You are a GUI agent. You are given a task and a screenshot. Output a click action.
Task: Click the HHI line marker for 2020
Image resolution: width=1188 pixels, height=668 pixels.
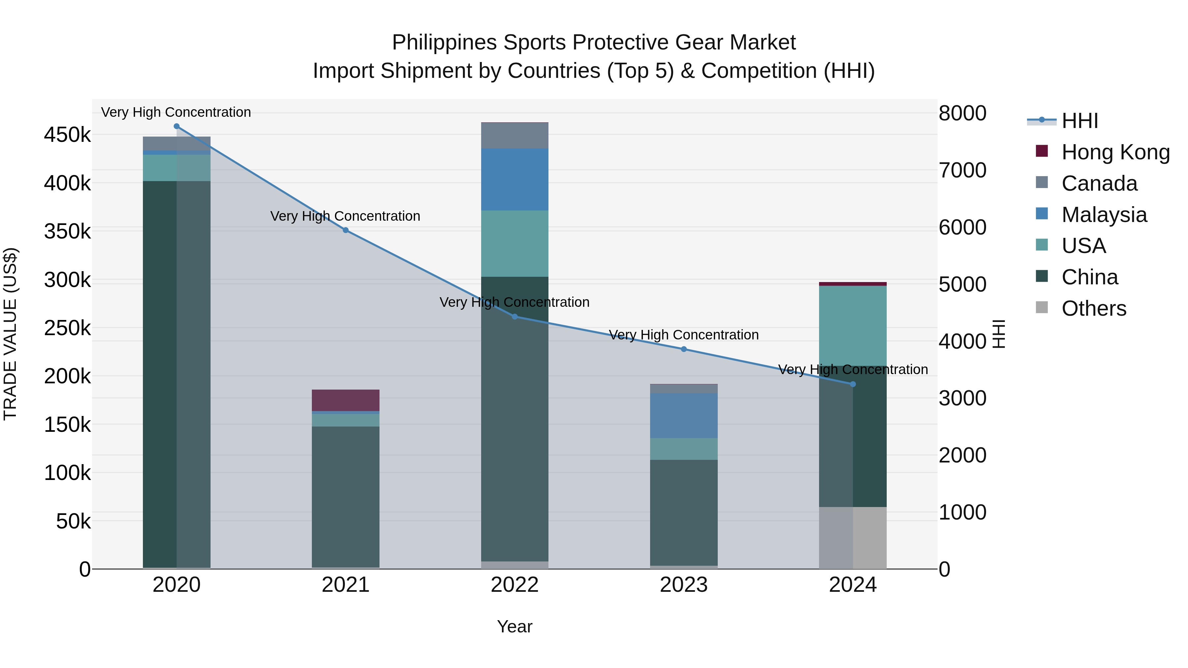click(177, 126)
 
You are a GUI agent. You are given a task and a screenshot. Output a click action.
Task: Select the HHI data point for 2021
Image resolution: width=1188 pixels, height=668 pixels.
click(346, 230)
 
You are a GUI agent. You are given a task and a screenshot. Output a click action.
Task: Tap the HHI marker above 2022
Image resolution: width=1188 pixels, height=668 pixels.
click(515, 317)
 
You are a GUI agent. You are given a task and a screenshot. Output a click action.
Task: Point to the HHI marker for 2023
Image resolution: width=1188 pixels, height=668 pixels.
click(684, 349)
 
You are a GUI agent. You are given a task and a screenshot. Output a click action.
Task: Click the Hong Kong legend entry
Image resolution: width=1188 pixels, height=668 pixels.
click(1115, 152)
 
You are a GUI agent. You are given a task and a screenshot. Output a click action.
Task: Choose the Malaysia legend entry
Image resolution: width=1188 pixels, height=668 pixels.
click(1104, 215)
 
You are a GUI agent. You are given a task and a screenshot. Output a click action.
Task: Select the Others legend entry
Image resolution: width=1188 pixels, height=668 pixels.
click(1094, 308)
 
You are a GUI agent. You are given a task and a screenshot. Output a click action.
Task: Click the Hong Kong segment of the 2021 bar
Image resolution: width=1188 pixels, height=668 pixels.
click(346, 400)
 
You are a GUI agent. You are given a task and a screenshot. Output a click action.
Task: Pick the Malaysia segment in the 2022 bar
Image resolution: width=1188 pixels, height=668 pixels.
click(515, 179)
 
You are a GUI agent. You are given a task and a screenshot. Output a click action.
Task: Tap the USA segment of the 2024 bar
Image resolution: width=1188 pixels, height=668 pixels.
click(853, 326)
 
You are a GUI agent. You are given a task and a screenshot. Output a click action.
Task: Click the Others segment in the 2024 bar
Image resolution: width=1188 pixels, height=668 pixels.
click(853, 538)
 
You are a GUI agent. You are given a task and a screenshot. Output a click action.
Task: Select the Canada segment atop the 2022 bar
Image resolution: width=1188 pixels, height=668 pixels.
click(515, 136)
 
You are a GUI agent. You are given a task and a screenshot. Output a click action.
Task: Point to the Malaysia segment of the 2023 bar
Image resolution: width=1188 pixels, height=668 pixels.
click(684, 415)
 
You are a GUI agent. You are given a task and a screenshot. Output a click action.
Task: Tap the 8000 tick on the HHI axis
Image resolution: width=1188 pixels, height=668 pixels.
click(963, 113)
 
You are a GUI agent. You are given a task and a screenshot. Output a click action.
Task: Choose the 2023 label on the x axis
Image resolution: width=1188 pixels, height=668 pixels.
click(684, 585)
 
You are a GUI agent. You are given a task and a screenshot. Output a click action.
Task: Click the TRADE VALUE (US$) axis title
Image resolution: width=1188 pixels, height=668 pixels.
click(10, 334)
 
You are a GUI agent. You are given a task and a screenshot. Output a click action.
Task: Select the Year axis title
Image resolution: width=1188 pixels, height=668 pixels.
click(515, 626)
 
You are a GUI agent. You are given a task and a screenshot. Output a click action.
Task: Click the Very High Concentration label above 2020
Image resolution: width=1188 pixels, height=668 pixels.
click(176, 112)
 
